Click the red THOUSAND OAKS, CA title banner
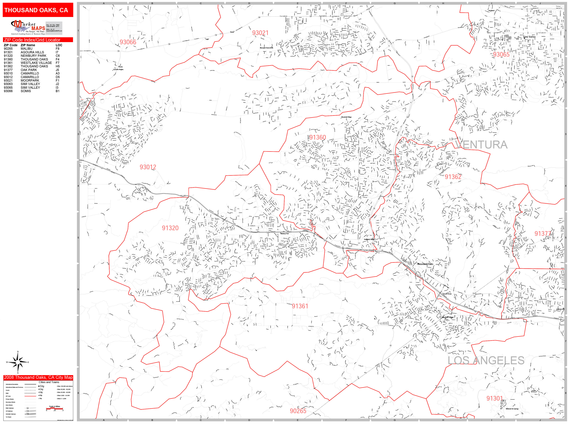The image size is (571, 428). [38, 10]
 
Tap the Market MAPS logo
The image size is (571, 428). [28, 27]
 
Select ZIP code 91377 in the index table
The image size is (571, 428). [8, 70]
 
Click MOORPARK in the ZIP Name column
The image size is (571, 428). [30, 80]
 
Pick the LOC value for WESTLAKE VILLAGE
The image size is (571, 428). [57, 63]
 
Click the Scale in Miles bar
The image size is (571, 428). [55, 408]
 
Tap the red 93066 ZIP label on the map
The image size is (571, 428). [128, 42]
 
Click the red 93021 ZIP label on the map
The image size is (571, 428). [260, 33]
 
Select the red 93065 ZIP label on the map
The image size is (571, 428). [501, 54]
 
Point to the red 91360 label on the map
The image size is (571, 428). [318, 138]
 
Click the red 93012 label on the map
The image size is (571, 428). [148, 167]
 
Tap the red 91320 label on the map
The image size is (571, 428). [170, 228]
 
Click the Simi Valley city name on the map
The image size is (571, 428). [529, 37]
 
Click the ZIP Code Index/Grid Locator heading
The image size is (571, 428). [32, 40]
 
